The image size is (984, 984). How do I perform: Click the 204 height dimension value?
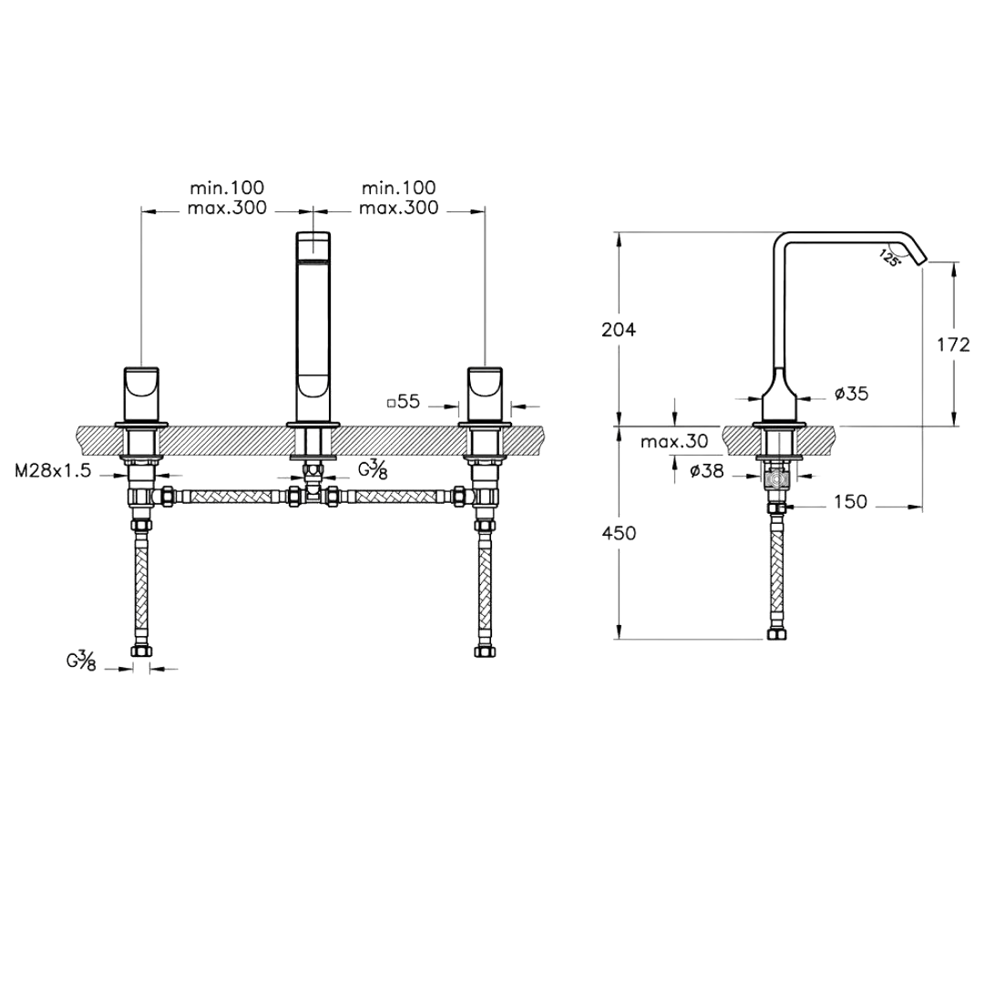click(620, 331)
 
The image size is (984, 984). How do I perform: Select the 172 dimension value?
click(953, 344)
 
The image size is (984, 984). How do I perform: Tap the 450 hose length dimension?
click(620, 534)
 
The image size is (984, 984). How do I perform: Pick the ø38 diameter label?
click(707, 471)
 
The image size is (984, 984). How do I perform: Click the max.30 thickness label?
click(673, 442)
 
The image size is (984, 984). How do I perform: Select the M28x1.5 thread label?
click(52, 471)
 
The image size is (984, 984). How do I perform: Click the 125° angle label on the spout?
click(889, 258)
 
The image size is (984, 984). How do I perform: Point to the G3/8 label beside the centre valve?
click(371, 470)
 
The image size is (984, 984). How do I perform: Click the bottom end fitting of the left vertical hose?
click(141, 651)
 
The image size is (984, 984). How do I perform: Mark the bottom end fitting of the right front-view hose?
click(484, 651)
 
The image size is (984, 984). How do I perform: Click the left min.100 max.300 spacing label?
click(227, 198)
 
